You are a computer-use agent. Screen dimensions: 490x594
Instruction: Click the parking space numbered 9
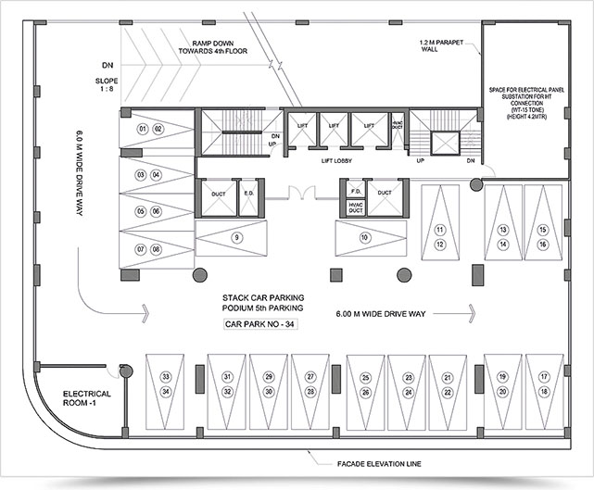pos(237,237)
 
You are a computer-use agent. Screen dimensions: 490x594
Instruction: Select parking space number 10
pos(365,237)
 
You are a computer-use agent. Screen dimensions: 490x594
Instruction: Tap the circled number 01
pos(143,128)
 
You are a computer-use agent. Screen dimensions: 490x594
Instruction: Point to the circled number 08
pos(158,249)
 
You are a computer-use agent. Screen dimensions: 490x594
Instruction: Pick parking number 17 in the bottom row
pos(544,377)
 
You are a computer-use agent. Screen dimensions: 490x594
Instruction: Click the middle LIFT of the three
pos(335,124)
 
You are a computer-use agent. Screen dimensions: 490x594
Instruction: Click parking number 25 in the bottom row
pos(366,377)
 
